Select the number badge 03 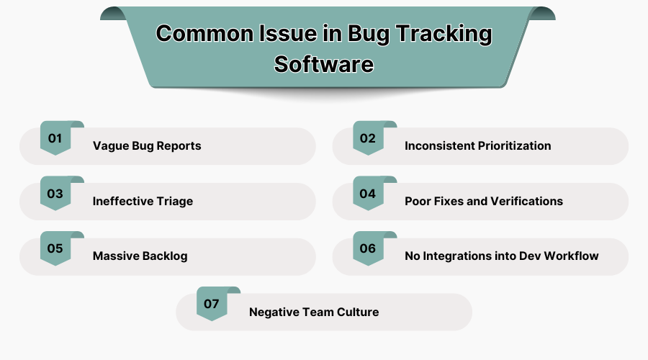click(x=55, y=194)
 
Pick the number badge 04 click(x=368, y=194)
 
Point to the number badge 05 click(x=55, y=249)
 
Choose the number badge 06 click(x=368, y=249)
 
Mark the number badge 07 click(x=212, y=304)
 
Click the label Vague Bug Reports click(x=147, y=146)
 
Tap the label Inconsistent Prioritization click(x=477, y=146)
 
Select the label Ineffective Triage click(x=143, y=202)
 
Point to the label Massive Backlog click(x=140, y=256)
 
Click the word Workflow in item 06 click(x=572, y=256)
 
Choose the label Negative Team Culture click(x=313, y=312)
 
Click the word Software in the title click(x=324, y=64)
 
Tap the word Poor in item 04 click(x=418, y=202)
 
